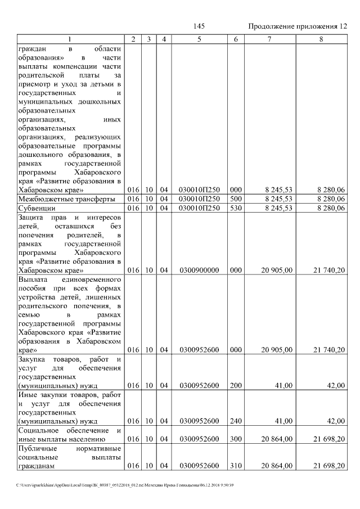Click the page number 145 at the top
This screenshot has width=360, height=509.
point(199,26)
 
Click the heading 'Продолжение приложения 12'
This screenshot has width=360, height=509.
point(298,26)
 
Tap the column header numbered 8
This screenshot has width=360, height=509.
point(321,39)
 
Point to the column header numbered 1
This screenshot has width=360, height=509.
point(70,39)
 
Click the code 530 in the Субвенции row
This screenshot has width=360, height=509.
point(235,208)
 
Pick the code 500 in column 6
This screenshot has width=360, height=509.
point(235,199)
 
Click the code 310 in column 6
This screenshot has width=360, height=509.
point(235,466)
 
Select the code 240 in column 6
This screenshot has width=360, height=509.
point(235,421)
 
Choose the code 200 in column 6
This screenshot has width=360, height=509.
point(235,385)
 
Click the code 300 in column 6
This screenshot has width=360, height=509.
point(235,439)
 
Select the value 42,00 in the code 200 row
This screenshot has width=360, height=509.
point(336,385)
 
